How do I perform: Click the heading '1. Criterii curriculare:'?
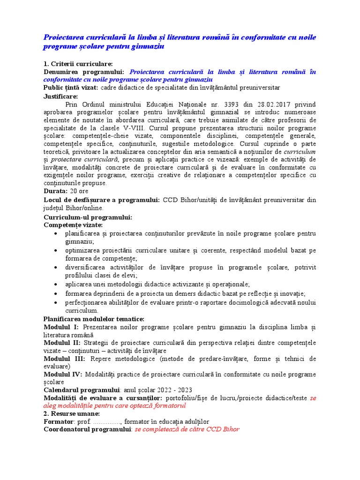pos(78,64)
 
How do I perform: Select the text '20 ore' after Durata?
pos(79,191)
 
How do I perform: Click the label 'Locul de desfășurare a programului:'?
pos(102,200)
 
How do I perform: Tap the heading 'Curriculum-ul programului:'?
pos(88,217)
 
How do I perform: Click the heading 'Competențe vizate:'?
pos(73,225)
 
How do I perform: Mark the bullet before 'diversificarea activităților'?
pos(56,268)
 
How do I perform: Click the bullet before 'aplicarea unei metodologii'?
pos(56,285)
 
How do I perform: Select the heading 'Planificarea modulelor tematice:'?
pos(94,319)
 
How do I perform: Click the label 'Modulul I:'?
pos(61,327)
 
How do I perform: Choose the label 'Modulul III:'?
pos(65,359)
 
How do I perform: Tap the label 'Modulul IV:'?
pos(63,375)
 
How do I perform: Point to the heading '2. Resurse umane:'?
pos(72,414)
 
